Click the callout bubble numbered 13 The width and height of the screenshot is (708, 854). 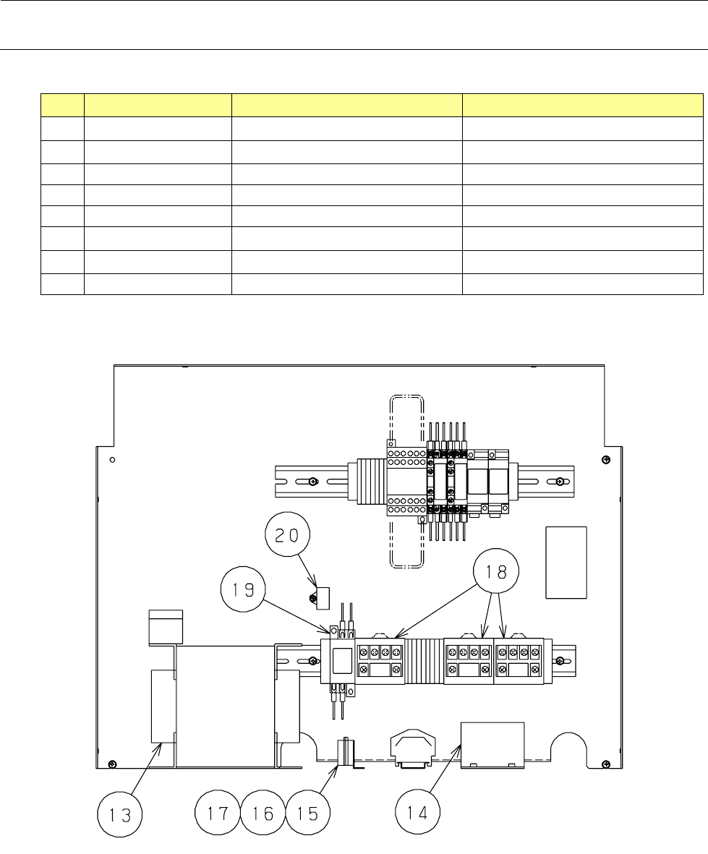pyautogui.click(x=120, y=815)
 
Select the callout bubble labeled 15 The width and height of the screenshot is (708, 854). pyautogui.click(x=307, y=813)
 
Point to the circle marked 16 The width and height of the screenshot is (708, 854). pyautogui.click(x=263, y=813)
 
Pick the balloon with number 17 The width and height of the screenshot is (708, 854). pyautogui.click(x=218, y=813)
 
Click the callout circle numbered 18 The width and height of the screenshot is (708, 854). pyautogui.click(x=496, y=571)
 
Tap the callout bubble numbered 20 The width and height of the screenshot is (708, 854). pyautogui.click(x=288, y=535)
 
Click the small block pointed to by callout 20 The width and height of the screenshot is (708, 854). pyautogui.click(x=319, y=597)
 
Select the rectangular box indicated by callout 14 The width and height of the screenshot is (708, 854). pyautogui.click(x=492, y=745)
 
